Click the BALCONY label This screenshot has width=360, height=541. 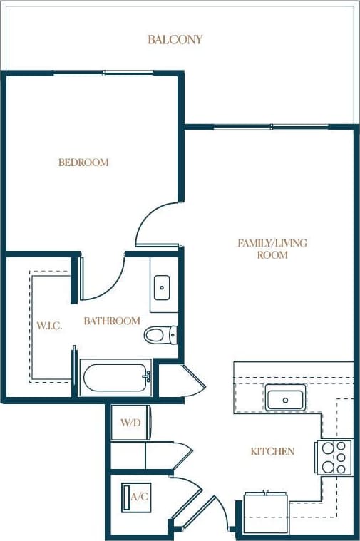(175, 40)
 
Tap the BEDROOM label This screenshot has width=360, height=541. (83, 163)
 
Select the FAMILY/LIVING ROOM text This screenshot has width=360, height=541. (272, 249)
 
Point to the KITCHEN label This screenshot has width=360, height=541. (272, 451)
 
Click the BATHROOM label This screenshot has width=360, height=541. (112, 321)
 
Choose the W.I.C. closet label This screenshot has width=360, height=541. (50, 326)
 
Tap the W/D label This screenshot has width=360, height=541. (130, 423)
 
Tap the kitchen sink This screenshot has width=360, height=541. (285, 398)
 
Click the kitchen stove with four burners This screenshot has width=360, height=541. (335, 457)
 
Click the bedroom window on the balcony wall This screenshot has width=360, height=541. (104, 73)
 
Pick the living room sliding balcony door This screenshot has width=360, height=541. (271, 128)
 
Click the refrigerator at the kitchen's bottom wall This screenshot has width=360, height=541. (266, 512)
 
